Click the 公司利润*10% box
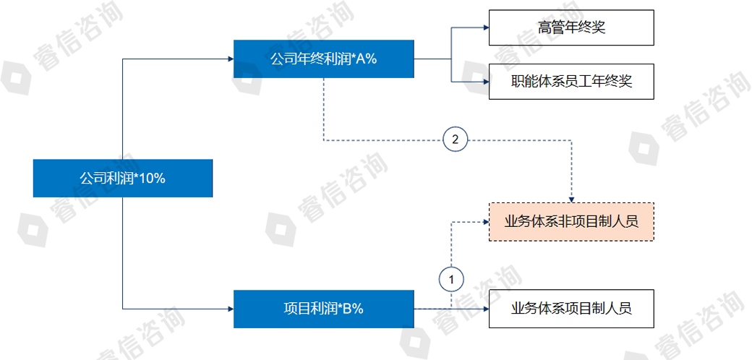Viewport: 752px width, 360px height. tap(123, 178)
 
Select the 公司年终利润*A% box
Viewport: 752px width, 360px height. tap(323, 59)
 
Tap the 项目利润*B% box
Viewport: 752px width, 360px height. tap(323, 309)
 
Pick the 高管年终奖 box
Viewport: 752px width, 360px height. tap(571, 28)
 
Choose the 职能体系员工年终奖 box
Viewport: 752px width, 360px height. tap(571, 81)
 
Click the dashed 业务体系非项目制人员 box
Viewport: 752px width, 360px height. tap(571, 221)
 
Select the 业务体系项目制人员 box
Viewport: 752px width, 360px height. tap(571, 309)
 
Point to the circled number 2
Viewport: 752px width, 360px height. tap(455, 140)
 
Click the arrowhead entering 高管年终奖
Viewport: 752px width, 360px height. tap(484, 28)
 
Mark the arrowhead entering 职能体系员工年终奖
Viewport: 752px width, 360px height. tap(484, 81)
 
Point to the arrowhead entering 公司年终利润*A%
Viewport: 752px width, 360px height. tap(229, 59)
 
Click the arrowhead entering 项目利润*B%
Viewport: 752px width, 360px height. tap(229, 309)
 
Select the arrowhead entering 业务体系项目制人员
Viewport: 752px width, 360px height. tap(484, 309)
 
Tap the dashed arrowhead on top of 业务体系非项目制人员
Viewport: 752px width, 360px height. tap(571, 199)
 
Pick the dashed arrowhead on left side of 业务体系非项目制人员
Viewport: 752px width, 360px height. tap(484, 221)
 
